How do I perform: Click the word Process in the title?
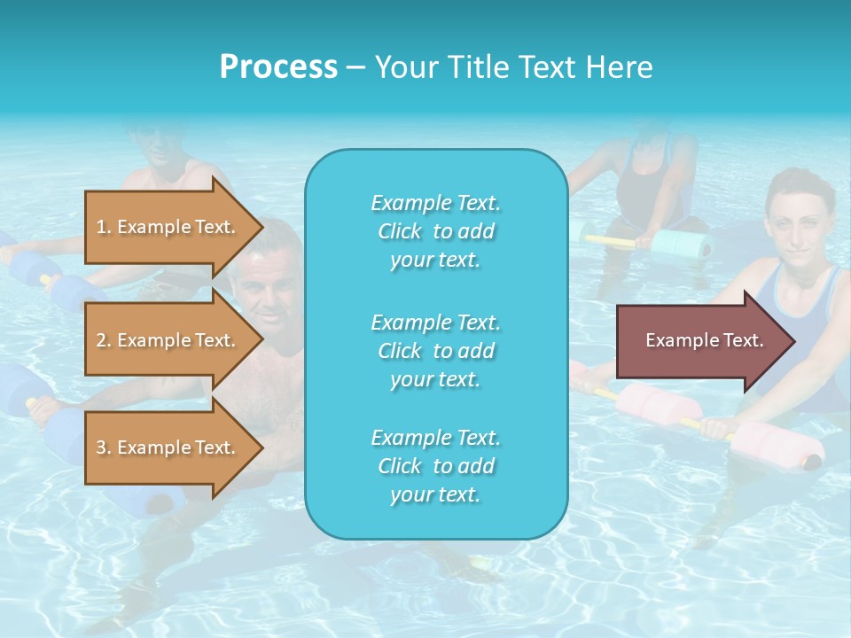tap(278, 67)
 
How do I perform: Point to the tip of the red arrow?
tap(792, 341)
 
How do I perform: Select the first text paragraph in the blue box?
tap(435, 231)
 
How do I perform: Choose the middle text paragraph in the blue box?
tap(435, 351)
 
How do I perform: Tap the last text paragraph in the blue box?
tap(435, 466)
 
